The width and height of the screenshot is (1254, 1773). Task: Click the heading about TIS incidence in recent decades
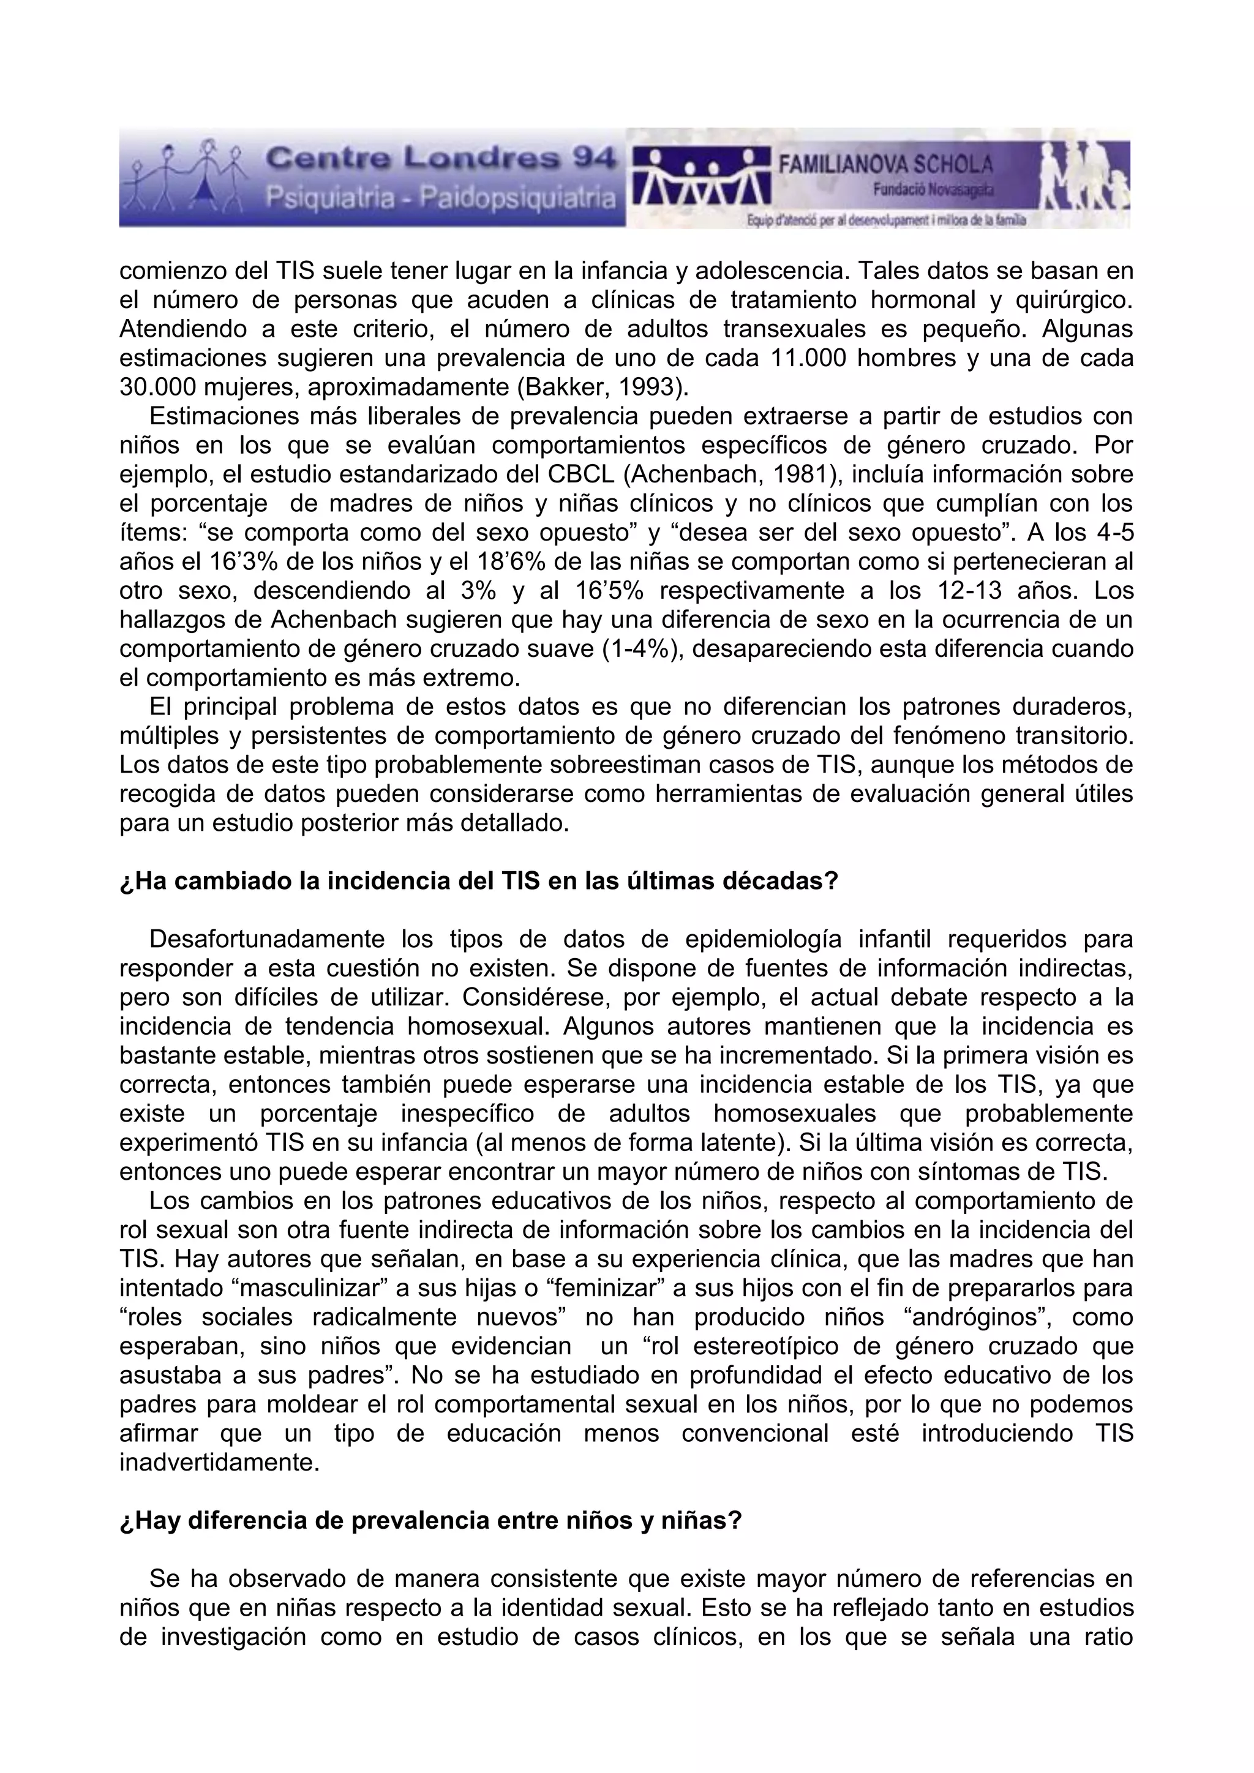[x=479, y=882]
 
